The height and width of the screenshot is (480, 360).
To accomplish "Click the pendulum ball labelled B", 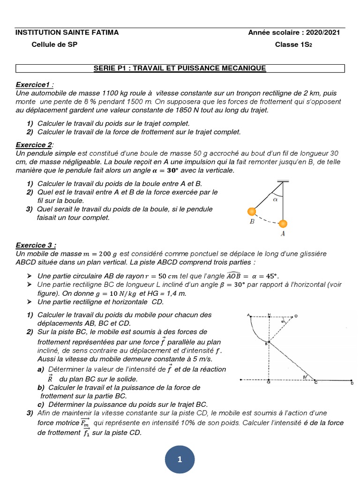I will [x=252, y=211].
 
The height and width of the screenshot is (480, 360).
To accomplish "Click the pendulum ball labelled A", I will [x=283, y=224].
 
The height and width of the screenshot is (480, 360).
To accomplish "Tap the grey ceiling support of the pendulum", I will [x=283, y=181].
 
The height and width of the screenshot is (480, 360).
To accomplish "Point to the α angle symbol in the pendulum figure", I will [x=275, y=199].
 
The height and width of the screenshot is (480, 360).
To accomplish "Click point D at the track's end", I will [x=352, y=383].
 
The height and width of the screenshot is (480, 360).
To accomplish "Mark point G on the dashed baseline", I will [x=269, y=383].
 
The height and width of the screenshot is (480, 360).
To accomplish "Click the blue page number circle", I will [x=180, y=460].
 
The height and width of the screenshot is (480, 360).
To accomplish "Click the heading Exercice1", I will [x=35, y=84].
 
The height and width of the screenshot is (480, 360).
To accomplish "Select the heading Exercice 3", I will [x=36, y=245].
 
